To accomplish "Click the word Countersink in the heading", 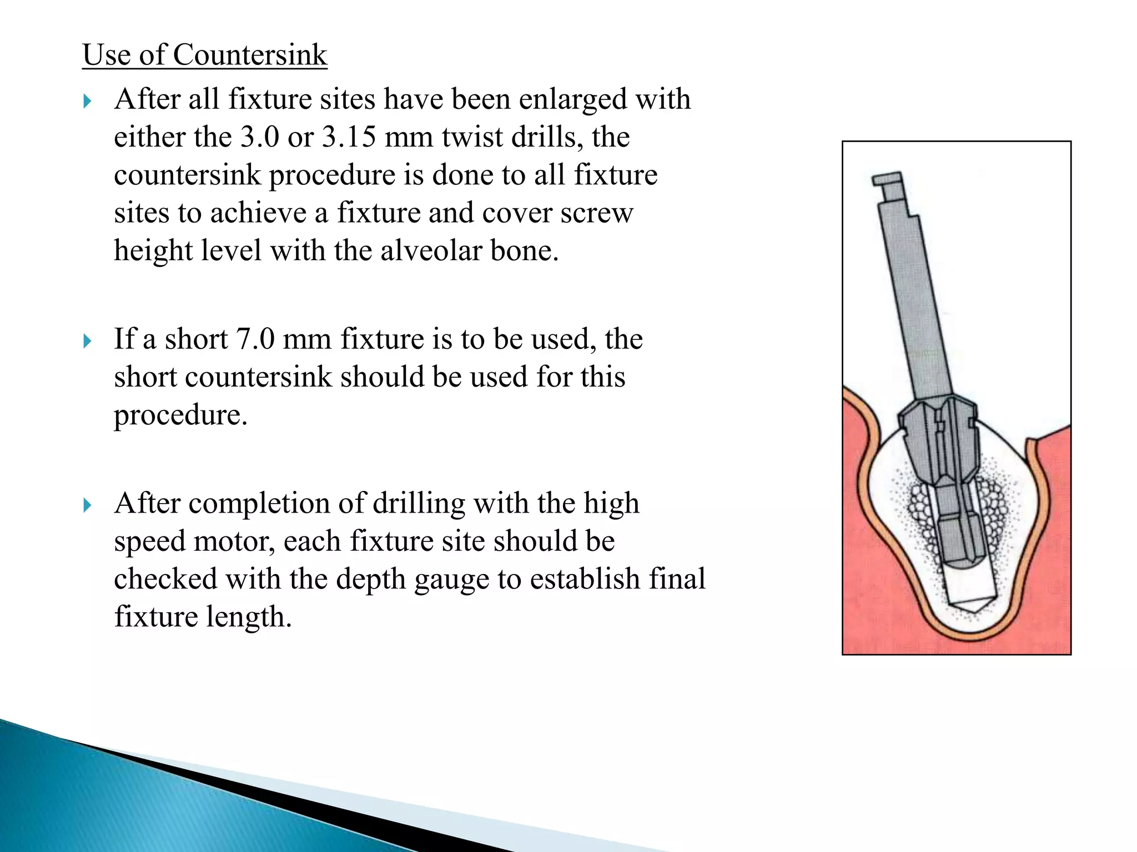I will point(250,55).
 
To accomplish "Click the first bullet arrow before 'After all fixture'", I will point(87,102).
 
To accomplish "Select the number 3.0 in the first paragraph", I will point(259,137).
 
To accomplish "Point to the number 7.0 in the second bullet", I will point(255,339).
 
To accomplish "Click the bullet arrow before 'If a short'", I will point(87,341).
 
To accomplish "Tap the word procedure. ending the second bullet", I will point(180,415).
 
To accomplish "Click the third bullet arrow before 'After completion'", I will point(87,505).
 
